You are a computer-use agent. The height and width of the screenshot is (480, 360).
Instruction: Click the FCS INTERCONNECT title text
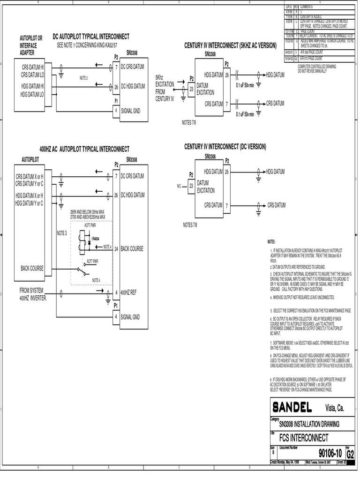[304, 438]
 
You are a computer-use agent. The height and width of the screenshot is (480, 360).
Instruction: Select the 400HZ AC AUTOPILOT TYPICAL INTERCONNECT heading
[84, 149]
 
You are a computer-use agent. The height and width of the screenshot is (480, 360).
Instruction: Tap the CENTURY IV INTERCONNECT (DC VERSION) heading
[225, 147]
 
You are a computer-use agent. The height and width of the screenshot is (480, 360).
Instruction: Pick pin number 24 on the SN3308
[116, 248]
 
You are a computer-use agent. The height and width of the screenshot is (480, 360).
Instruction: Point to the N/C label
[179, 186]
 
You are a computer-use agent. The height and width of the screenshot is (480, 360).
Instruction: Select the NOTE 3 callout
[62, 232]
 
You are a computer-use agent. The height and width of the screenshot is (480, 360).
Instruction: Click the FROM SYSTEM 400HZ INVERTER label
[33, 293]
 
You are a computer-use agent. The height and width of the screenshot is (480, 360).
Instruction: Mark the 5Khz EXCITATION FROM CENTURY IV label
[165, 88]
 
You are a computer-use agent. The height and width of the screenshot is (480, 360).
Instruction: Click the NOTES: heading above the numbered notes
[271, 241]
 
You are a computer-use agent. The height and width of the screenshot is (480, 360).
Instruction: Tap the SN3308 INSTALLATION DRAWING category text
[309, 424]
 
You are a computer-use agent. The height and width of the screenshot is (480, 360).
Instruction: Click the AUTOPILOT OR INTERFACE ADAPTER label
[31, 45]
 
